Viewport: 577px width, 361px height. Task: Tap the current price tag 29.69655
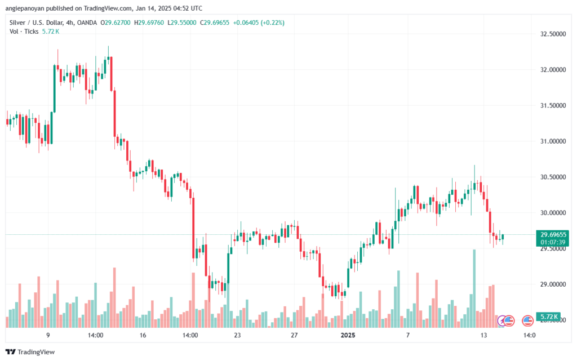click(553, 234)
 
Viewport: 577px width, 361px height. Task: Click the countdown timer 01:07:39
click(553, 242)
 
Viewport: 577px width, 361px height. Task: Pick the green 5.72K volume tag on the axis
click(547, 317)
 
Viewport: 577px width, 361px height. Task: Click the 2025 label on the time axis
click(348, 335)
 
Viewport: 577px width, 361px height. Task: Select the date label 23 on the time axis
click(237, 335)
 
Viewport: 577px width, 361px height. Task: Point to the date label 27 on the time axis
click(294, 335)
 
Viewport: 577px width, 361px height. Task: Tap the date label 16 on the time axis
click(143, 335)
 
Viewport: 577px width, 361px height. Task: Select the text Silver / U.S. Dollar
click(36, 23)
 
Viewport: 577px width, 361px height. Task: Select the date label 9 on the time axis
click(48, 335)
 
